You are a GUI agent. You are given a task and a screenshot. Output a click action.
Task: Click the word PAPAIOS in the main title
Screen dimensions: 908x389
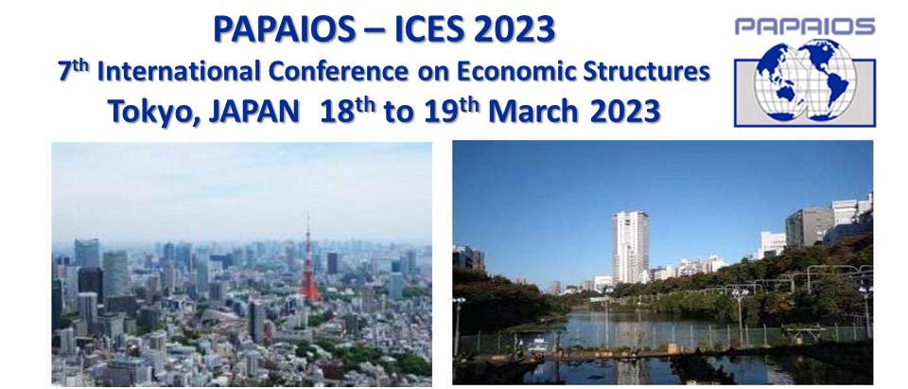(x=285, y=29)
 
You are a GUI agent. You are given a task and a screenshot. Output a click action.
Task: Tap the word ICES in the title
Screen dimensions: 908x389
(x=429, y=29)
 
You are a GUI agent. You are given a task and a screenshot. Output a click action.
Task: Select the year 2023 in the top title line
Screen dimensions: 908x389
(x=515, y=29)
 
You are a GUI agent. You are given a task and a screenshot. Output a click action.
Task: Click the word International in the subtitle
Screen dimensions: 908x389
(x=179, y=73)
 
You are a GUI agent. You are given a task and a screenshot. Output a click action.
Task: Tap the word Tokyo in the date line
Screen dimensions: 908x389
(x=154, y=112)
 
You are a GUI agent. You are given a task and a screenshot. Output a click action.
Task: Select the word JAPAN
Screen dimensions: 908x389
(x=254, y=111)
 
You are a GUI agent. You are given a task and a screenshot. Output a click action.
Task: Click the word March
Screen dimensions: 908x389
(x=533, y=111)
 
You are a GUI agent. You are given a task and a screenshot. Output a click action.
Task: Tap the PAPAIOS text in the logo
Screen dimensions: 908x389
(x=805, y=27)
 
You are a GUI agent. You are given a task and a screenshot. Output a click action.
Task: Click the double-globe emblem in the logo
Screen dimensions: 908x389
(x=805, y=80)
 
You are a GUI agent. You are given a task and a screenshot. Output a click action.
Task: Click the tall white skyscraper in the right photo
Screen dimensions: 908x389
(x=631, y=246)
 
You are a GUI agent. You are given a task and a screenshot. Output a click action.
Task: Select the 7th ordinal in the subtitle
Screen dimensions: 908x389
(x=74, y=71)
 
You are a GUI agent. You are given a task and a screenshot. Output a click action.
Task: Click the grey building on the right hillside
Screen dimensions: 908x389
(x=809, y=226)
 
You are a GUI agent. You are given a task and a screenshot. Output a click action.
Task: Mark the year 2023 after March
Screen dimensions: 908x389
(x=625, y=111)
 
